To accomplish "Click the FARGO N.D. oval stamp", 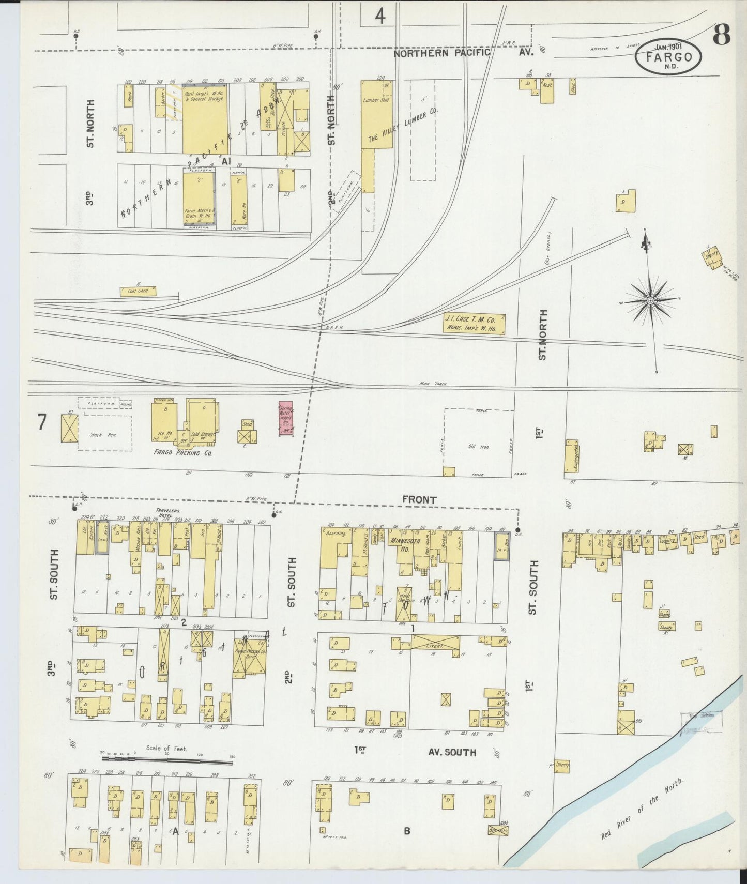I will point(668,57).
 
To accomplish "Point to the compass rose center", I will point(650,300).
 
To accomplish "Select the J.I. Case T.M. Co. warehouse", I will point(474,324).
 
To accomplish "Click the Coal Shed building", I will point(138,291).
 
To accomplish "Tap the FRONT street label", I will point(419,500).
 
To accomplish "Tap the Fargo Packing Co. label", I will point(176,453).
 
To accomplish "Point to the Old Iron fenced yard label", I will point(479,447).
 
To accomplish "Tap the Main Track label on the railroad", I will point(433,384).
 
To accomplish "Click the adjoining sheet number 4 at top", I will point(380,17).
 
